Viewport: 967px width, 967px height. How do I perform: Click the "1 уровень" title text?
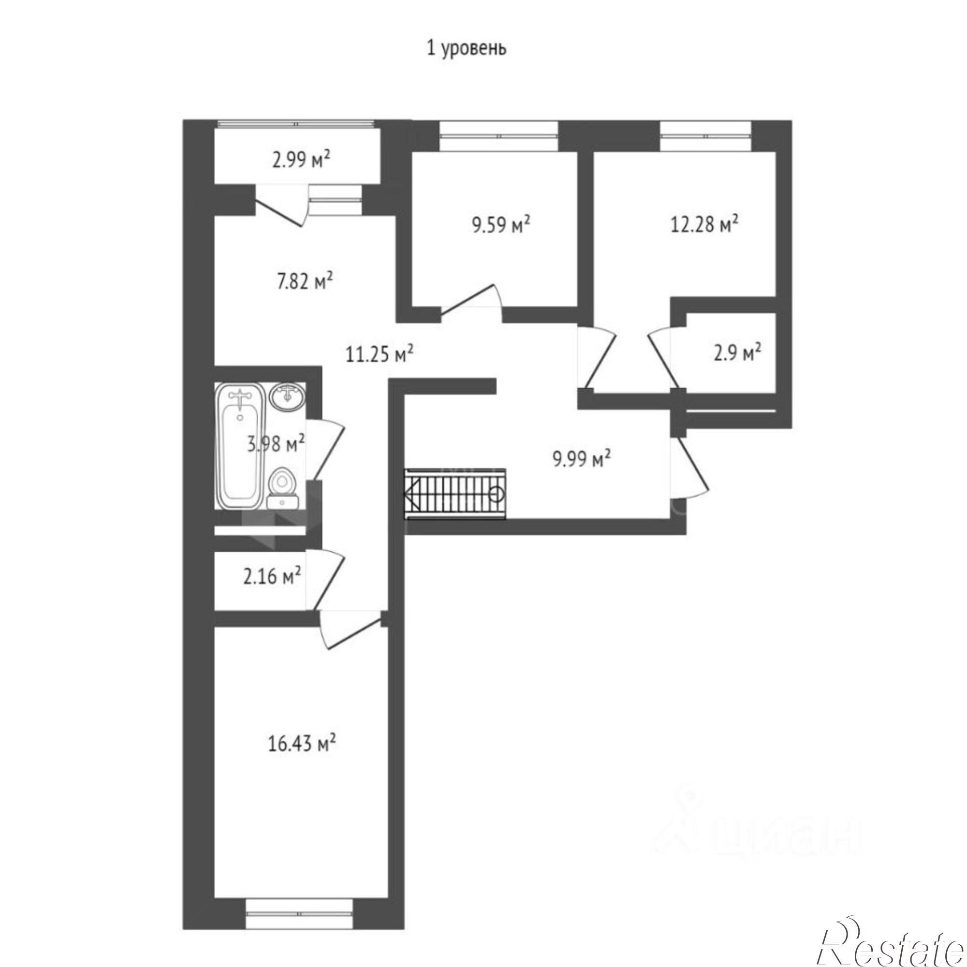click(x=466, y=48)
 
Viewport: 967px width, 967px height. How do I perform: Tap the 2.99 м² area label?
click(x=301, y=161)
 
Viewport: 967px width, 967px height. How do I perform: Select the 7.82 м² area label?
click(x=305, y=282)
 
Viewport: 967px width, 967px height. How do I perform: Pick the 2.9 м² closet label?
click(x=738, y=353)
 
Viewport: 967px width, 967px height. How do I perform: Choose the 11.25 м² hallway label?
click(x=380, y=354)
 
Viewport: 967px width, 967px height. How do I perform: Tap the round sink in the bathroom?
click(x=285, y=397)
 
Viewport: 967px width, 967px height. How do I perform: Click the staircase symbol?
click(x=455, y=494)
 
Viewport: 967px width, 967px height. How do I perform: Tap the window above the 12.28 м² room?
click(x=706, y=136)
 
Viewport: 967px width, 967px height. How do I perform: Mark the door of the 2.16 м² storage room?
click(x=325, y=580)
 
